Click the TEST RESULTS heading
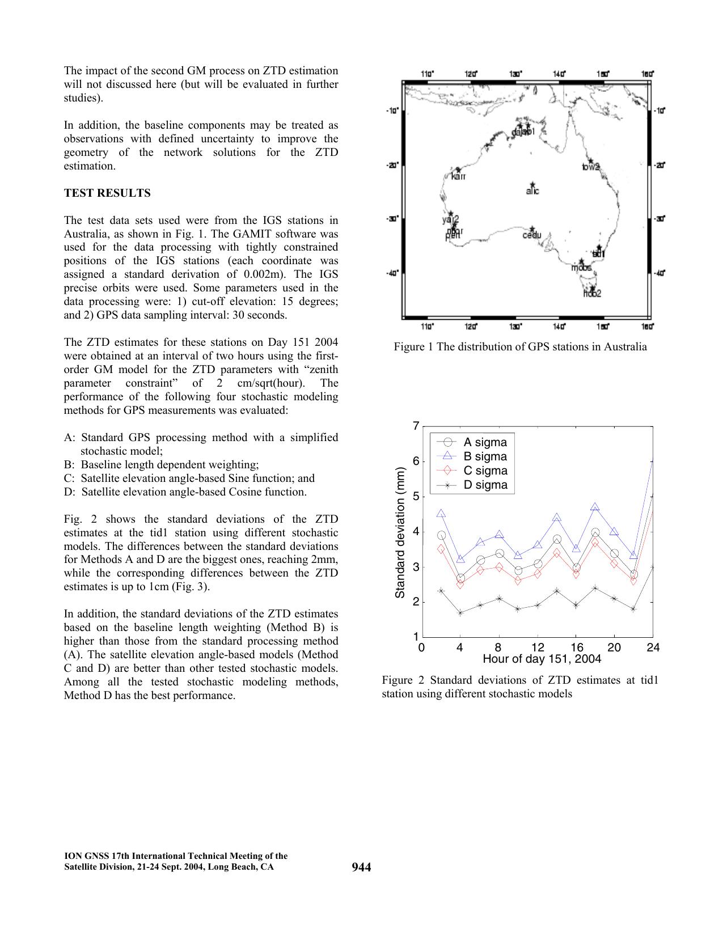click(107, 193)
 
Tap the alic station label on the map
click(532, 191)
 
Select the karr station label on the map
click(458, 176)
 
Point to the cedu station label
click(532, 235)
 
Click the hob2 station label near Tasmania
click(592, 294)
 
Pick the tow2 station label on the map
click(591, 167)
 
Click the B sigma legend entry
click(485, 456)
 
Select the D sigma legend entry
click(485, 485)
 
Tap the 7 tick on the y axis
click(416, 426)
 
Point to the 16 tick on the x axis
click(576, 647)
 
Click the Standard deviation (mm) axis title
click(400, 532)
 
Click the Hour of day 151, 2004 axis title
click(542, 659)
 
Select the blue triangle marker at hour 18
click(595, 507)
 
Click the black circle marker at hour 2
click(441, 535)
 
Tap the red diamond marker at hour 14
click(557, 552)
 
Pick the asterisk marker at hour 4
click(460, 612)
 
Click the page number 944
click(361, 867)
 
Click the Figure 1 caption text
click(520, 347)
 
